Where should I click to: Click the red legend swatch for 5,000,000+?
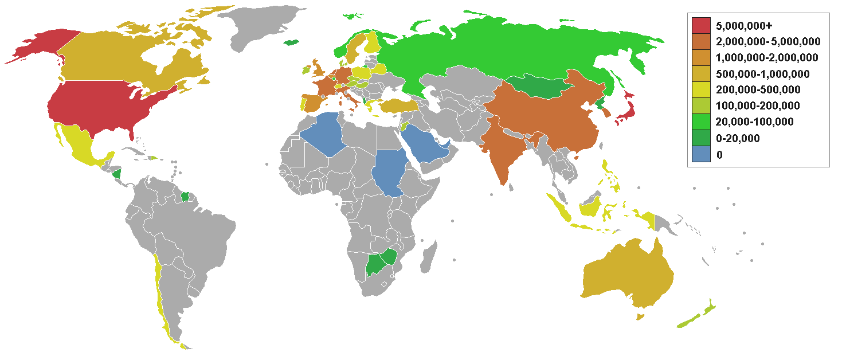coord(701,25)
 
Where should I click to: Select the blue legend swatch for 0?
coord(701,154)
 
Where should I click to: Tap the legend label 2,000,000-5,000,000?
coord(767,41)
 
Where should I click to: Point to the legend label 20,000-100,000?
coord(754,122)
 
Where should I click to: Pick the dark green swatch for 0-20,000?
coord(701,138)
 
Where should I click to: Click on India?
coord(507,149)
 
